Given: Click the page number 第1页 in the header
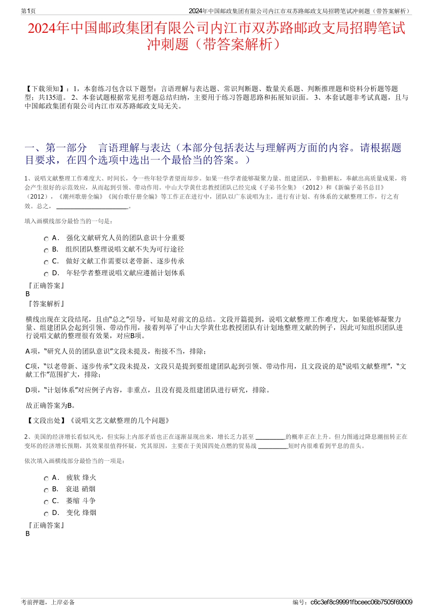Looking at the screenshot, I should tap(28, 11).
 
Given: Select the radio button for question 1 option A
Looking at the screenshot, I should tap(46, 239).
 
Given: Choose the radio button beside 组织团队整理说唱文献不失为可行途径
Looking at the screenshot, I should tap(46, 251).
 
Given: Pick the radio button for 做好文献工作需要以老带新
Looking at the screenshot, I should tap(46, 263).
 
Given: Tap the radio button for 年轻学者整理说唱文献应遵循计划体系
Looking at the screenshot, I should tap(46, 274).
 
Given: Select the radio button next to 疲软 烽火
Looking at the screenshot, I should tap(46, 479).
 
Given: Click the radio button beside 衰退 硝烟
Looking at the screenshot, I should tap(46, 490).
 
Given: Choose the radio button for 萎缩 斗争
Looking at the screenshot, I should tap(46, 502).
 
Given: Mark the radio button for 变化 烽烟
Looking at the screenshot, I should tap(46, 514).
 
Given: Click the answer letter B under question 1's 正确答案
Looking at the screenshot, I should tap(28, 294).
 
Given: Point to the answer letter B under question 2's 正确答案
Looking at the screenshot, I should tap(28, 534).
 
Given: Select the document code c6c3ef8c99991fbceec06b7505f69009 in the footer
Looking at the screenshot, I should tap(361, 602).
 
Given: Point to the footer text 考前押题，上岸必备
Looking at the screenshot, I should tap(48, 602).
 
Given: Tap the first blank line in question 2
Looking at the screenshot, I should tap(270, 437).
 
